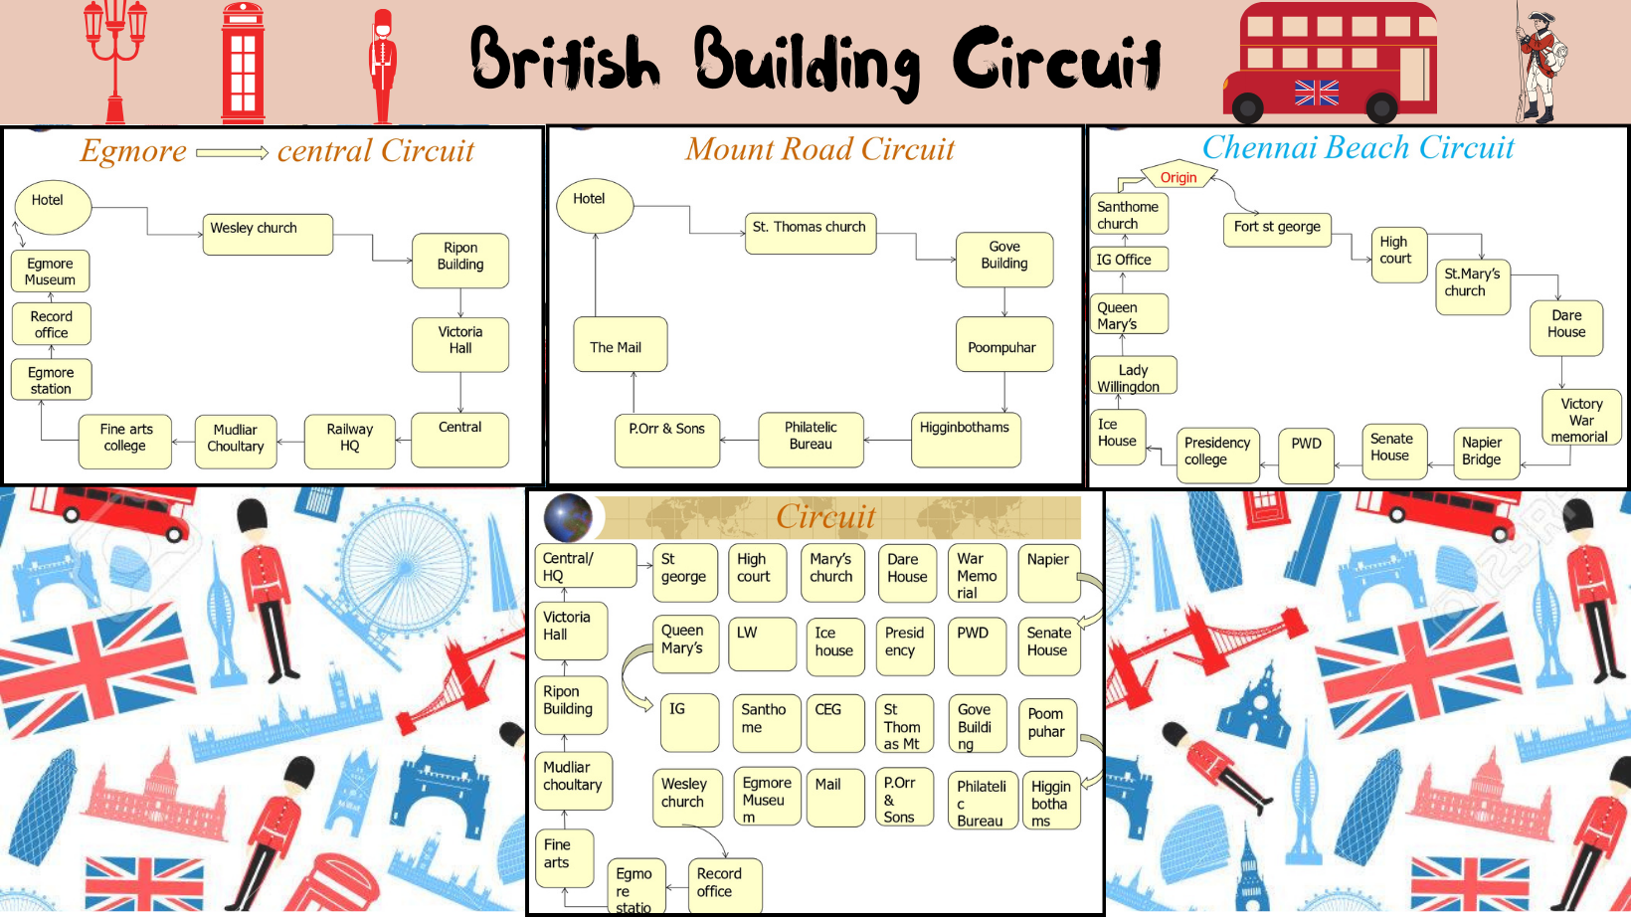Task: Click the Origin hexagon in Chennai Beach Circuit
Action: tap(1178, 177)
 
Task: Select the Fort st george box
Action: tap(1277, 228)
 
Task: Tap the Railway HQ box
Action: tap(349, 440)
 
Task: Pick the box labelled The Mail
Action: tap(620, 345)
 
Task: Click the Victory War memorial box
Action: tap(1580, 418)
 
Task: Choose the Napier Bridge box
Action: tap(1485, 453)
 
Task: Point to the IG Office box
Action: tap(1128, 260)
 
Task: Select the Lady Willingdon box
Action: tap(1133, 376)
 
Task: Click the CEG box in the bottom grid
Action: tap(834, 723)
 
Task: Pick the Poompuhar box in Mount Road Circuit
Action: tap(1002, 345)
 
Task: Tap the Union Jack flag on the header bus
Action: tap(1317, 92)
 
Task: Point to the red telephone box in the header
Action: tap(243, 62)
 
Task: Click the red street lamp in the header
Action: tap(115, 60)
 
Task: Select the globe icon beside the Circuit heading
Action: tap(568, 518)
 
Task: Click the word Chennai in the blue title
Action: tap(1255, 147)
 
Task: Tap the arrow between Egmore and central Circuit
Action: tap(232, 153)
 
